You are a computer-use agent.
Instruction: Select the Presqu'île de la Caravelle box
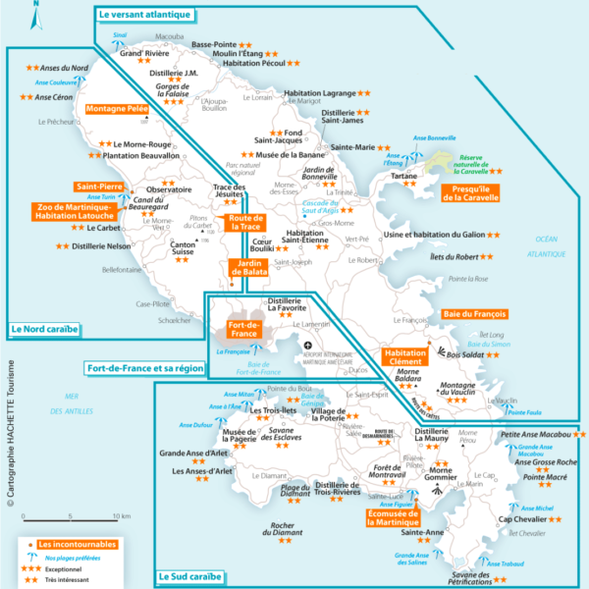click(470, 191)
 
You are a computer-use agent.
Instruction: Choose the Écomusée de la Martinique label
click(393, 517)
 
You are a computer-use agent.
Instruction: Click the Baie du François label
click(475, 314)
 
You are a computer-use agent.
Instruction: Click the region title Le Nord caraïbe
click(44, 329)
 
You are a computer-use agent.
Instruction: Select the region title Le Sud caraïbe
click(192, 577)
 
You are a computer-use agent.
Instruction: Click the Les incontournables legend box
click(76, 543)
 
